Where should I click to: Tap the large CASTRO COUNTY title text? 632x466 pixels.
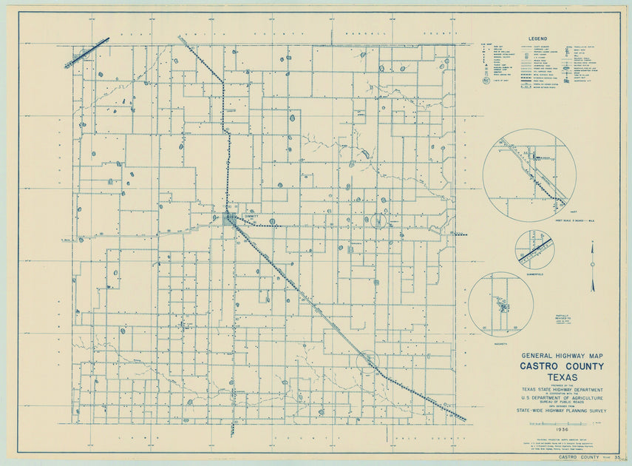click(x=562, y=366)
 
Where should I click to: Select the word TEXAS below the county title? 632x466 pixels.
click(x=562, y=377)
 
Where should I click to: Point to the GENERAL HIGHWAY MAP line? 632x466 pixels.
click(x=562, y=356)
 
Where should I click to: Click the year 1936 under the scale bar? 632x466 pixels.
click(x=563, y=429)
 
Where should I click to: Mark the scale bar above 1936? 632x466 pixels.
click(x=563, y=422)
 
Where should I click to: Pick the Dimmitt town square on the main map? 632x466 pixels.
click(x=230, y=219)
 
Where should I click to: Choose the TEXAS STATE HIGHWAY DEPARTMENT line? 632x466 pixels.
click(x=562, y=390)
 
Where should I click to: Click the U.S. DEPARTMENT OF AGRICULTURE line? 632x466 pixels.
click(x=562, y=398)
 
